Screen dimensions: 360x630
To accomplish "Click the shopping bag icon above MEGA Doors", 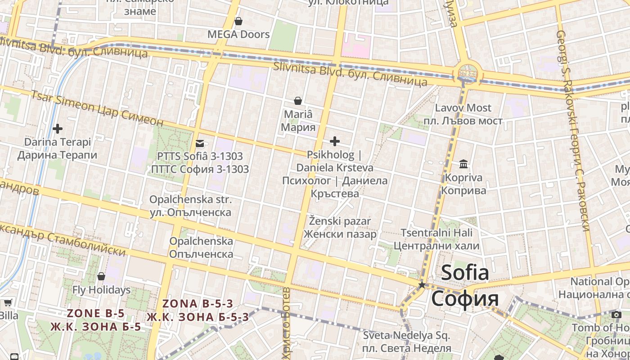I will coord(238,21).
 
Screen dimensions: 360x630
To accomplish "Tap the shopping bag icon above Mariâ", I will coord(297,101).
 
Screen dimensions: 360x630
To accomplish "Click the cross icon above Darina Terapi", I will coord(58,129).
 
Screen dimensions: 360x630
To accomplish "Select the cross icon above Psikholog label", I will coord(334,142).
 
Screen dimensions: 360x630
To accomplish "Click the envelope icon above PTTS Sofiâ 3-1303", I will coord(199,144).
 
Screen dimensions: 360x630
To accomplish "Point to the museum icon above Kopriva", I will coord(463,164).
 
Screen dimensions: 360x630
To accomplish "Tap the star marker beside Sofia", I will coord(422,285).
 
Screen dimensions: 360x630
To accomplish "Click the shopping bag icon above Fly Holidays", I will coord(101,276).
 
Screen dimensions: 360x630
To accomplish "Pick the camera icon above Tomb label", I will coord(616,315).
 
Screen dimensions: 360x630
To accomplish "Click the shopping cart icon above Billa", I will coord(7,303).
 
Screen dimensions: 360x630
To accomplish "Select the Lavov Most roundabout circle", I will coord(468,72).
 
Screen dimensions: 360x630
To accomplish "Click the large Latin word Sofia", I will coord(465,273).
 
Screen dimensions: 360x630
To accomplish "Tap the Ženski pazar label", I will coord(340,221).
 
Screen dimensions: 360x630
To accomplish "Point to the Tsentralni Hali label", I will coord(436,233).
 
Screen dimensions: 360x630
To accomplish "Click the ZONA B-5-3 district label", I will coord(198,304).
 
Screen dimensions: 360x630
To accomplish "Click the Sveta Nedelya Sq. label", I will coord(406,336).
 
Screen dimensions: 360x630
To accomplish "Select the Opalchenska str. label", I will coord(190,200).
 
